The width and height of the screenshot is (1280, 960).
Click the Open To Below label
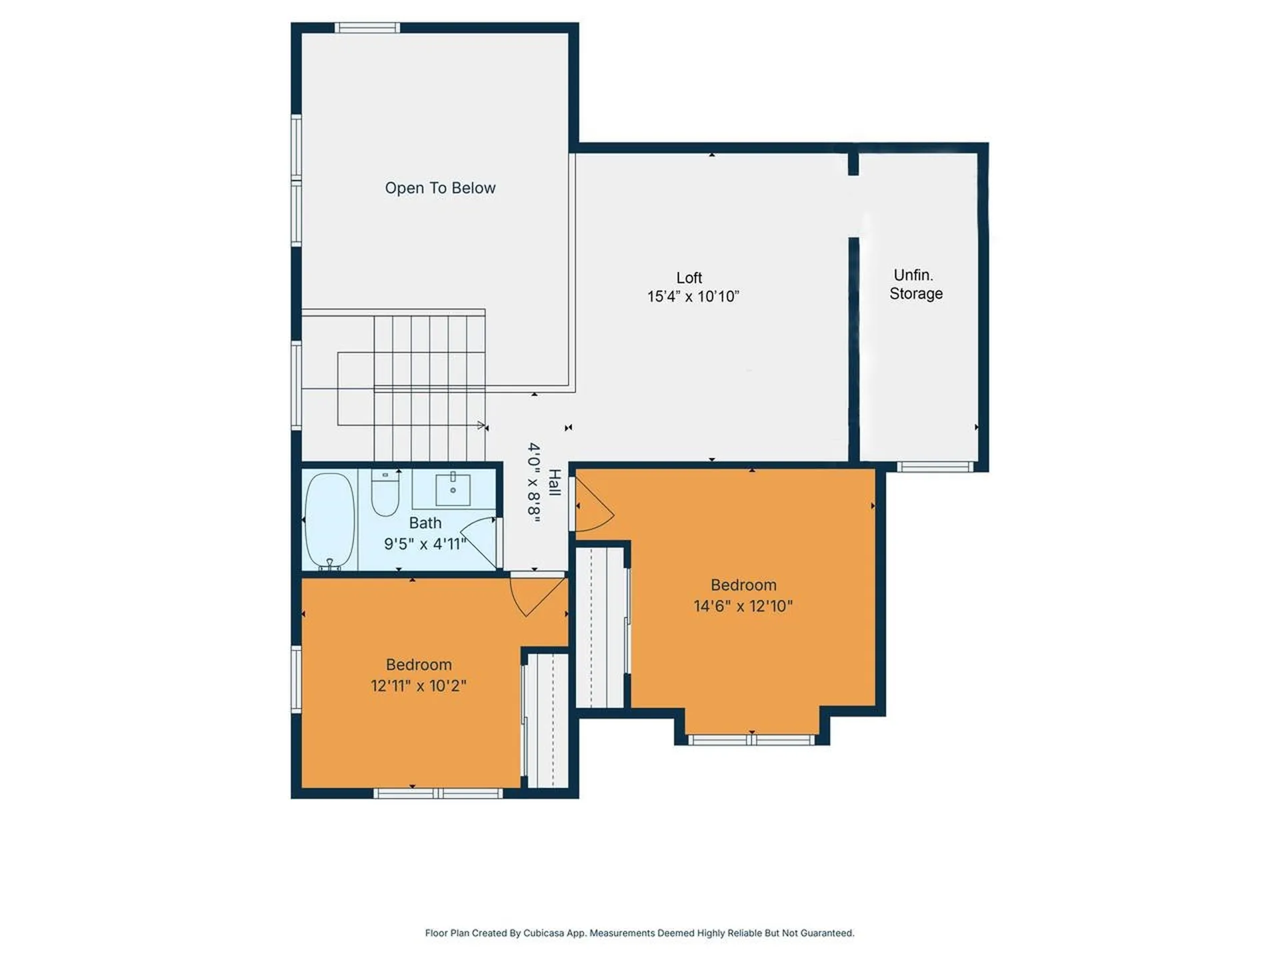click(440, 188)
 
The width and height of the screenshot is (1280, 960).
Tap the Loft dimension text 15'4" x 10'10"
click(693, 297)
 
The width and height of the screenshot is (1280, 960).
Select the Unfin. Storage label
click(915, 285)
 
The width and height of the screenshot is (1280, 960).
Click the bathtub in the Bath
click(329, 521)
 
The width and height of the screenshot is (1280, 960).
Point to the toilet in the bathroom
click(385, 494)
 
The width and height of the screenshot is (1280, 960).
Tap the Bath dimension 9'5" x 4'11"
click(425, 544)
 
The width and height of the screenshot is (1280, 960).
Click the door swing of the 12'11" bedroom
click(537, 595)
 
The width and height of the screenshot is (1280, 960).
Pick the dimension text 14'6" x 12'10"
click(743, 606)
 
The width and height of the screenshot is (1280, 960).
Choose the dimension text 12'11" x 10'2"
click(418, 686)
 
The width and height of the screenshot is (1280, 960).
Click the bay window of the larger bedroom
click(751, 740)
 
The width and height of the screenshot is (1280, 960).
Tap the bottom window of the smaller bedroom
click(437, 793)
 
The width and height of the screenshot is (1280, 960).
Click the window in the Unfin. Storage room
click(934, 467)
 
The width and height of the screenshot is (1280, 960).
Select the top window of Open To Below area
click(367, 27)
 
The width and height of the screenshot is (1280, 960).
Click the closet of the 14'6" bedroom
click(600, 627)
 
